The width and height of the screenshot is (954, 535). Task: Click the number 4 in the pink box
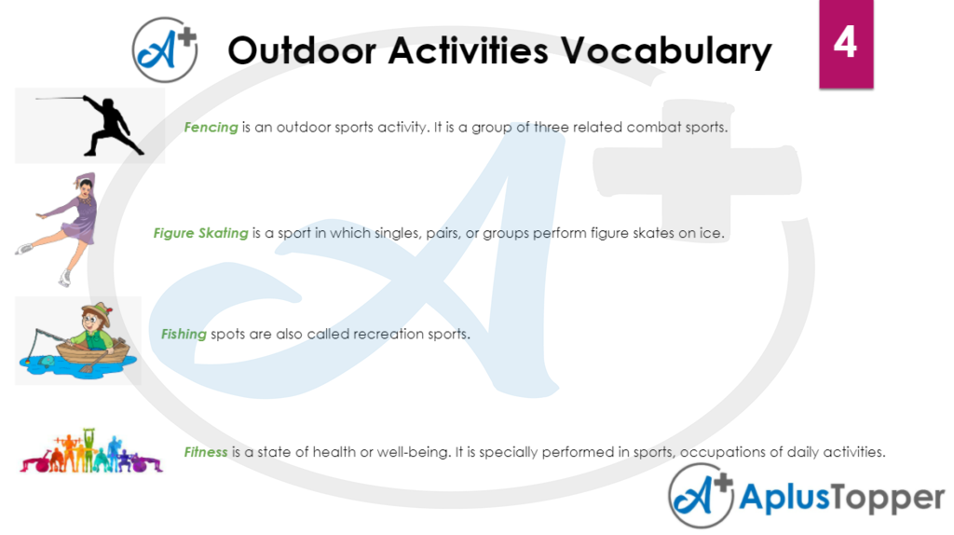point(845,42)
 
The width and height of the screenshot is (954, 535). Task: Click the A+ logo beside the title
point(164,49)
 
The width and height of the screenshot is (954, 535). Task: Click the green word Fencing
point(211,127)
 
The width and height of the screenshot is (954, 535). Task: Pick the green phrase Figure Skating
point(200,233)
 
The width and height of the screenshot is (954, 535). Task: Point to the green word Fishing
point(184,334)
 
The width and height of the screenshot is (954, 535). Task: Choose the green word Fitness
point(206,452)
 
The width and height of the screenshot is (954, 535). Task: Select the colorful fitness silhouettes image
point(91,453)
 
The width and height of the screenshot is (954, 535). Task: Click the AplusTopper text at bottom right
point(841,499)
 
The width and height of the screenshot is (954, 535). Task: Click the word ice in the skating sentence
point(712,233)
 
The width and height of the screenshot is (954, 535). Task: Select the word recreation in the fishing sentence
point(388,334)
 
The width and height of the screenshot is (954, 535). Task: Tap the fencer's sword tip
point(37,98)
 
